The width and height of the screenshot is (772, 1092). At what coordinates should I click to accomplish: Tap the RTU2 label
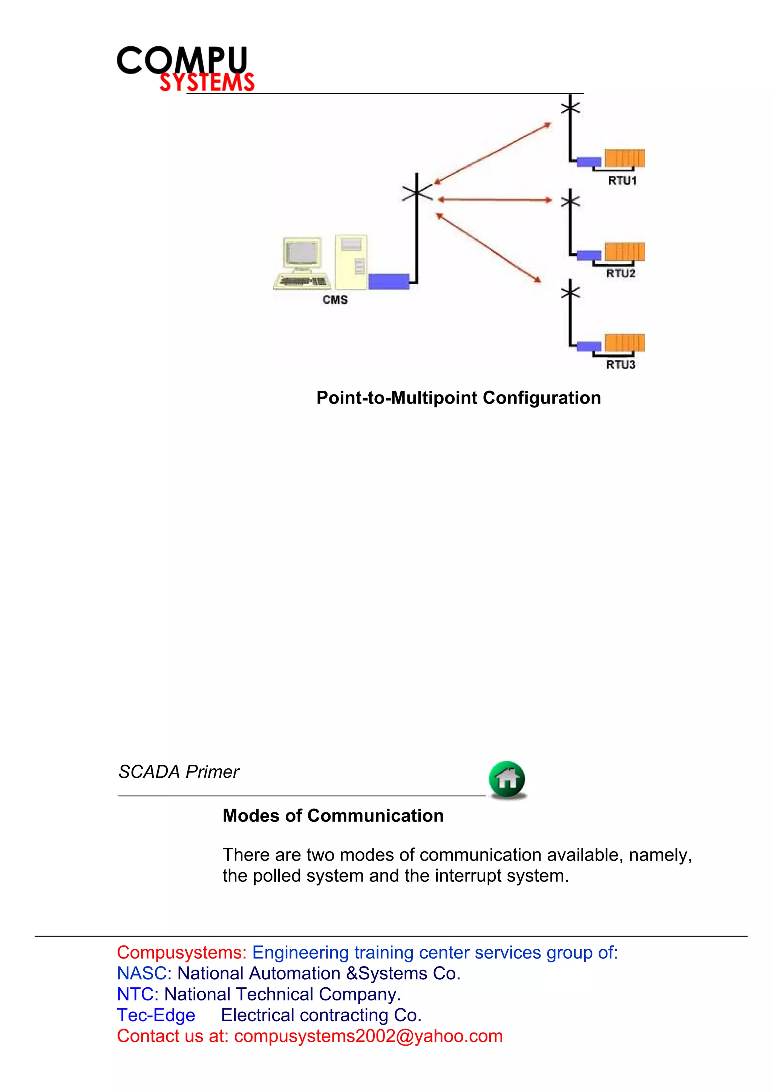[x=620, y=274]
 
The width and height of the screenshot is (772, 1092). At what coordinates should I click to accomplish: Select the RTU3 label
[x=620, y=364]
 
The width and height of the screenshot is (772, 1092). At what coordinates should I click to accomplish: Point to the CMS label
[x=335, y=300]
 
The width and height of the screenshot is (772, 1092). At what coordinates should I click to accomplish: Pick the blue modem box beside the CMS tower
[x=389, y=281]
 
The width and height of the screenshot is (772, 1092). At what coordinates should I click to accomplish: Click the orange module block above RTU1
[x=625, y=158]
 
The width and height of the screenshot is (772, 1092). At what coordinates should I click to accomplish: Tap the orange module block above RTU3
[x=625, y=343]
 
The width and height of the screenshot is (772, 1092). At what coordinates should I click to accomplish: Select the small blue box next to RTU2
[x=589, y=255]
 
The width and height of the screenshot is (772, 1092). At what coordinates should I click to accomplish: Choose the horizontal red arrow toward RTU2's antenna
[x=495, y=200]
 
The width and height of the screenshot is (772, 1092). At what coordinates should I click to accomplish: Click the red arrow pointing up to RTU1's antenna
[x=492, y=153]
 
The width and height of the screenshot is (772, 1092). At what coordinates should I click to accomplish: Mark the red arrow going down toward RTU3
[x=489, y=248]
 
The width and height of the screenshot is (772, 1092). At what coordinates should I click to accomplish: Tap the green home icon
[x=507, y=779]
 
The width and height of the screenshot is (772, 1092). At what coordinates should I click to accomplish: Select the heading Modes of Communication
[x=333, y=816]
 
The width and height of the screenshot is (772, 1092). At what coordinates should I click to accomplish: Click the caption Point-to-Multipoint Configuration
[x=458, y=398]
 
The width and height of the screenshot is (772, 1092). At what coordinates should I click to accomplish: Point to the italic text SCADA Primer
[x=178, y=771]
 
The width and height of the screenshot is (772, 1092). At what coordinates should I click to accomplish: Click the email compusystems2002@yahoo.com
[x=368, y=1036]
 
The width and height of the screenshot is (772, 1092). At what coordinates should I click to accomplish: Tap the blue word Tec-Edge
[x=156, y=1015]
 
